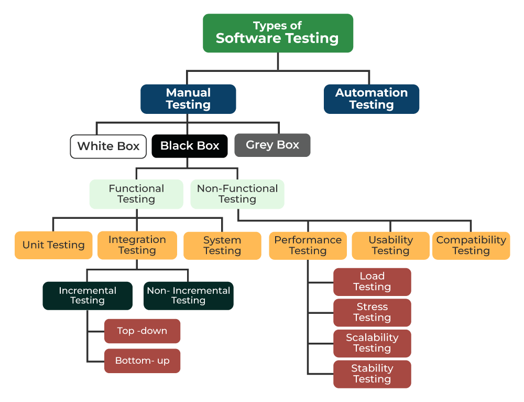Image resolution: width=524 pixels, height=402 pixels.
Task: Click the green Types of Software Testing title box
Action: (278, 33)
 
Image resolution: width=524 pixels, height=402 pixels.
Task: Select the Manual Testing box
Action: (188, 99)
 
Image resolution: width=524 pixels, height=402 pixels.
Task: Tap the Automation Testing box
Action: (372, 99)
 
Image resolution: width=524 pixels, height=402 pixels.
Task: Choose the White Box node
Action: (108, 146)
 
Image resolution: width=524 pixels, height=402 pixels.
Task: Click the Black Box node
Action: (190, 146)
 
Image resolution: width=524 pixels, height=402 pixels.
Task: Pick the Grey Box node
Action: (272, 145)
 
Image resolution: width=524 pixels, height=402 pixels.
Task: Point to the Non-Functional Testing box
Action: (237, 194)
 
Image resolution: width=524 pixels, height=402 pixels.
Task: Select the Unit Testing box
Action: (53, 245)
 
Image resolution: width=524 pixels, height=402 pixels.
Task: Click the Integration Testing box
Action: (137, 245)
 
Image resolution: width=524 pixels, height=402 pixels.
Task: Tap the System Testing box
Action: (222, 246)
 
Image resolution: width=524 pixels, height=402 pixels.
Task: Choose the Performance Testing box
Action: (308, 246)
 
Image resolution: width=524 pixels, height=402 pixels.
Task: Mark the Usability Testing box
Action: (390, 246)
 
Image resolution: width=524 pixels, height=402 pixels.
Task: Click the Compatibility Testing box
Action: (471, 246)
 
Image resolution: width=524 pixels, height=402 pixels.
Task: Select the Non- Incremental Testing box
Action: (189, 295)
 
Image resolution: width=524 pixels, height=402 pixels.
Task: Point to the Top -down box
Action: (142, 331)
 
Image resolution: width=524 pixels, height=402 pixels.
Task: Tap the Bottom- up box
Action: (142, 361)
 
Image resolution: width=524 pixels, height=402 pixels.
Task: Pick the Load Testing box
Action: (372, 282)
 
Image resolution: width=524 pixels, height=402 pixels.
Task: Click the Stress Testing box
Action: (372, 313)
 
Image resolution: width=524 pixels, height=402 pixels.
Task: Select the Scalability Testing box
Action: (372, 343)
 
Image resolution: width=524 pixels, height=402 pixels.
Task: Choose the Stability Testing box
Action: (372, 374)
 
